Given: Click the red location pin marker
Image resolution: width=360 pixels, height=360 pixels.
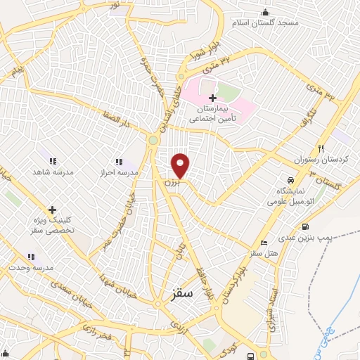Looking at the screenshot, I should coord(181,165).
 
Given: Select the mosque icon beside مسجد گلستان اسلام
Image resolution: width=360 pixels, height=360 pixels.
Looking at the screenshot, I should coord(265,12).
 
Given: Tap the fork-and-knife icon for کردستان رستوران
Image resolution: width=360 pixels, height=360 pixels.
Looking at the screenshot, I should coord(321,148).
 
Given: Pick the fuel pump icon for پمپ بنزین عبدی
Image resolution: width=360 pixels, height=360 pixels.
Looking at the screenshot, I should coord(305,227).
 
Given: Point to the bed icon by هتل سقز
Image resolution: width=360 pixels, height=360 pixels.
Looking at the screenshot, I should coord(264,243).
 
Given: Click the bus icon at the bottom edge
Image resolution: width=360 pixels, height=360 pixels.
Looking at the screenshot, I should coord(250,356).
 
